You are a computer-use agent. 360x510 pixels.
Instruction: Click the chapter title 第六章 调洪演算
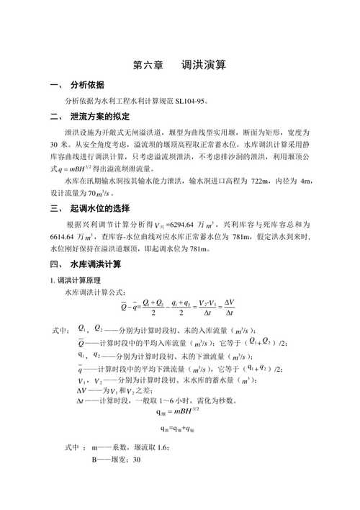point(180,66)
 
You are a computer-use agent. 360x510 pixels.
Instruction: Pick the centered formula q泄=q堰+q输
point(175,429)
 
